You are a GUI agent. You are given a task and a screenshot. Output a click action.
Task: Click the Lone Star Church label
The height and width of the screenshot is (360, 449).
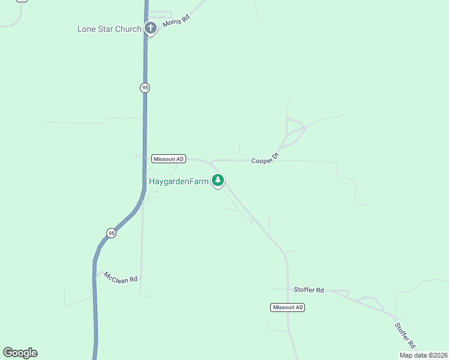click(109, 29)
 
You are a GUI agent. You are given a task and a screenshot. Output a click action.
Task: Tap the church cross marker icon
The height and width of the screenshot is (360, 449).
click(151, 28)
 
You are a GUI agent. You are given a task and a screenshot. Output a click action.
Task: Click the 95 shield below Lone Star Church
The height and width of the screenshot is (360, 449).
click(145, 88)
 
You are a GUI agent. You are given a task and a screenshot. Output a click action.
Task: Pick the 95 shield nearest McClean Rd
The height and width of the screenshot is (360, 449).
click(111, 233)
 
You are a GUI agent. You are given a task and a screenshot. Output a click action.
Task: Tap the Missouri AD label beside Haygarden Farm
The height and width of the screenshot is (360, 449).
click(169, 159)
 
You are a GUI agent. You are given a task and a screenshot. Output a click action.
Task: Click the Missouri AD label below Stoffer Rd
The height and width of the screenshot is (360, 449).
click(288, 307)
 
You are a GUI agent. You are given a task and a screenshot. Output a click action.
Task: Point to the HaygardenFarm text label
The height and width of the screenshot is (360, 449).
click(178, 181)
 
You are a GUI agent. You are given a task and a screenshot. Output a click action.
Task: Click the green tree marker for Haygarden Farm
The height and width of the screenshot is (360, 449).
click(218, 179)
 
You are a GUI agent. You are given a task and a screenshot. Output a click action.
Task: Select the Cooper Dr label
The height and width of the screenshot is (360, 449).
click(265, 158)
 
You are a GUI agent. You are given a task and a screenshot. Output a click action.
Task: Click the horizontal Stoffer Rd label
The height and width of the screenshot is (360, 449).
click(309, 290)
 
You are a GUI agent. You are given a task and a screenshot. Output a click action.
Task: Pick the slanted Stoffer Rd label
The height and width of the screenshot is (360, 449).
click(405, 335)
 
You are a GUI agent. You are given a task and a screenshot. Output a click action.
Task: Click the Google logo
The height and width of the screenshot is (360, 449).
click(20, 353)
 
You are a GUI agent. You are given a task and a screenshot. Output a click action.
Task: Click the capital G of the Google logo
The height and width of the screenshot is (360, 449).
click(8, 352)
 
